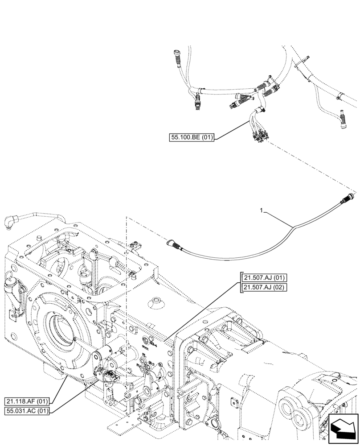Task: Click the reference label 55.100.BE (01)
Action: (x=192, y=138)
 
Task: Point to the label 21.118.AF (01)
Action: (x=28, y=401)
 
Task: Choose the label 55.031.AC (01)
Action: (x=28, y=410)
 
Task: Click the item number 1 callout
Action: (x=263, y=209)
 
